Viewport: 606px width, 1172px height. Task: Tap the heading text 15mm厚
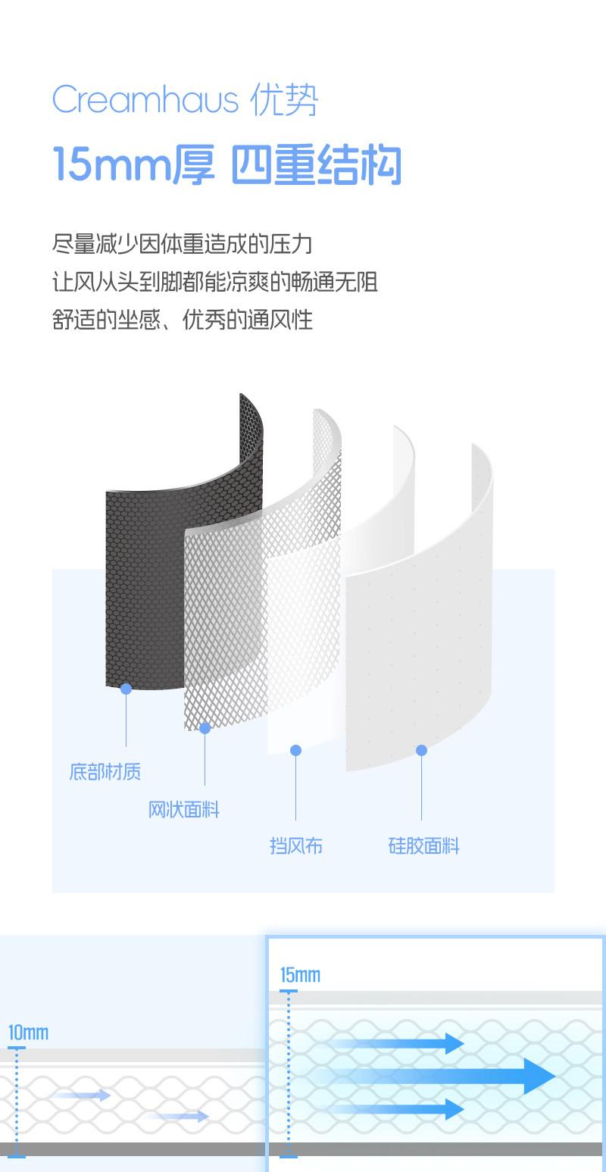[133, 164]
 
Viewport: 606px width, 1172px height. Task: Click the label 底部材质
[105, 772]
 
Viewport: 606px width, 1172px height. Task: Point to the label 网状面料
[183, 810]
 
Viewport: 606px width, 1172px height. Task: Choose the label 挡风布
[295, 845]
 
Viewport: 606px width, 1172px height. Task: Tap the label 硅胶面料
[423, 845]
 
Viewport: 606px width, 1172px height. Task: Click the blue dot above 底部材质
[126, 689]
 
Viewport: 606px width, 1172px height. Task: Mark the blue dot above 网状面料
[205, 728]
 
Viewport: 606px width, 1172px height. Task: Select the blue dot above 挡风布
[295, 750]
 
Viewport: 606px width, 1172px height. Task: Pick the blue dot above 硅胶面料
[421, 750]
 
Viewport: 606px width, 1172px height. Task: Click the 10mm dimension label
[28, 1033]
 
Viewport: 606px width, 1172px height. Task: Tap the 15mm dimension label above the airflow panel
[300, 975]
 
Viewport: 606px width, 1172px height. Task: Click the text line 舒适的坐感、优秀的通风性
[183, 320]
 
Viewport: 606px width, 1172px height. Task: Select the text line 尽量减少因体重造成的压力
[183, 244]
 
